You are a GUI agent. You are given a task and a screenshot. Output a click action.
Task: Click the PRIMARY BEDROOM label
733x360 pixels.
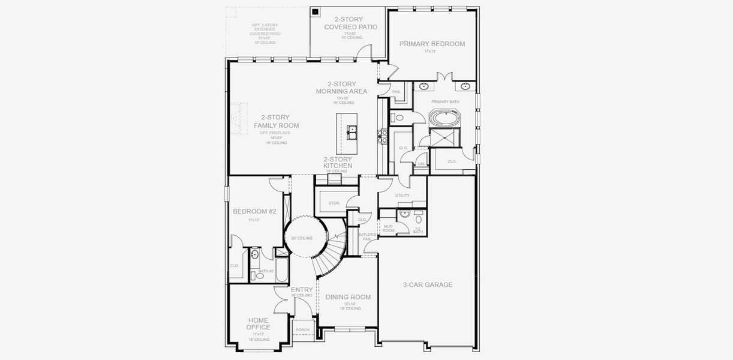pos(432,44)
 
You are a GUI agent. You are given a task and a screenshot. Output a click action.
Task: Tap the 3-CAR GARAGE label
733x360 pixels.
pos(427,284)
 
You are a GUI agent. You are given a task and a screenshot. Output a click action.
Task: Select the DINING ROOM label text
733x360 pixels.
pos(348,297)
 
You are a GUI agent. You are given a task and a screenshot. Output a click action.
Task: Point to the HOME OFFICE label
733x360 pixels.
pos(258,323)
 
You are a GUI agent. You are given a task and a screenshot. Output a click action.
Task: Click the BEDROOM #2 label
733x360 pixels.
pos(254,211)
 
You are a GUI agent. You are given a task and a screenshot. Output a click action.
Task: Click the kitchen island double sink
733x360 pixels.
pos(352,130)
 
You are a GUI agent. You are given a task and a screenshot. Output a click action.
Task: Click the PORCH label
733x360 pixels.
pos(303,329)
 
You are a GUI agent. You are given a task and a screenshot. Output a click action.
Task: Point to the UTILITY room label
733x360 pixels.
pos(402,195)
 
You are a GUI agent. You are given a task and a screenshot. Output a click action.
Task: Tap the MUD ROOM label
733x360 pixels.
pos(388,228)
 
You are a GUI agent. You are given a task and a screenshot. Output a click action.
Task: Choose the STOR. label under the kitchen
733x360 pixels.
pos(334,203)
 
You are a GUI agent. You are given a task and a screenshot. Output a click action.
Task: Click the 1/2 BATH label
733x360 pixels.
pos(417,230)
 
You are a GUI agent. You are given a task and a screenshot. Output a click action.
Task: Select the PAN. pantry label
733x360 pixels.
pos(396,92)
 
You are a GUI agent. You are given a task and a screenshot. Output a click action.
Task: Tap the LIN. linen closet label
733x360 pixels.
pos(421,163)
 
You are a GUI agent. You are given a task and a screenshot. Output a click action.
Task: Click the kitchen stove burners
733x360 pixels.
pos(380,136)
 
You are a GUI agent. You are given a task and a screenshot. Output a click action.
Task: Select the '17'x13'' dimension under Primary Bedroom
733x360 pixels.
pos(429,52)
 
